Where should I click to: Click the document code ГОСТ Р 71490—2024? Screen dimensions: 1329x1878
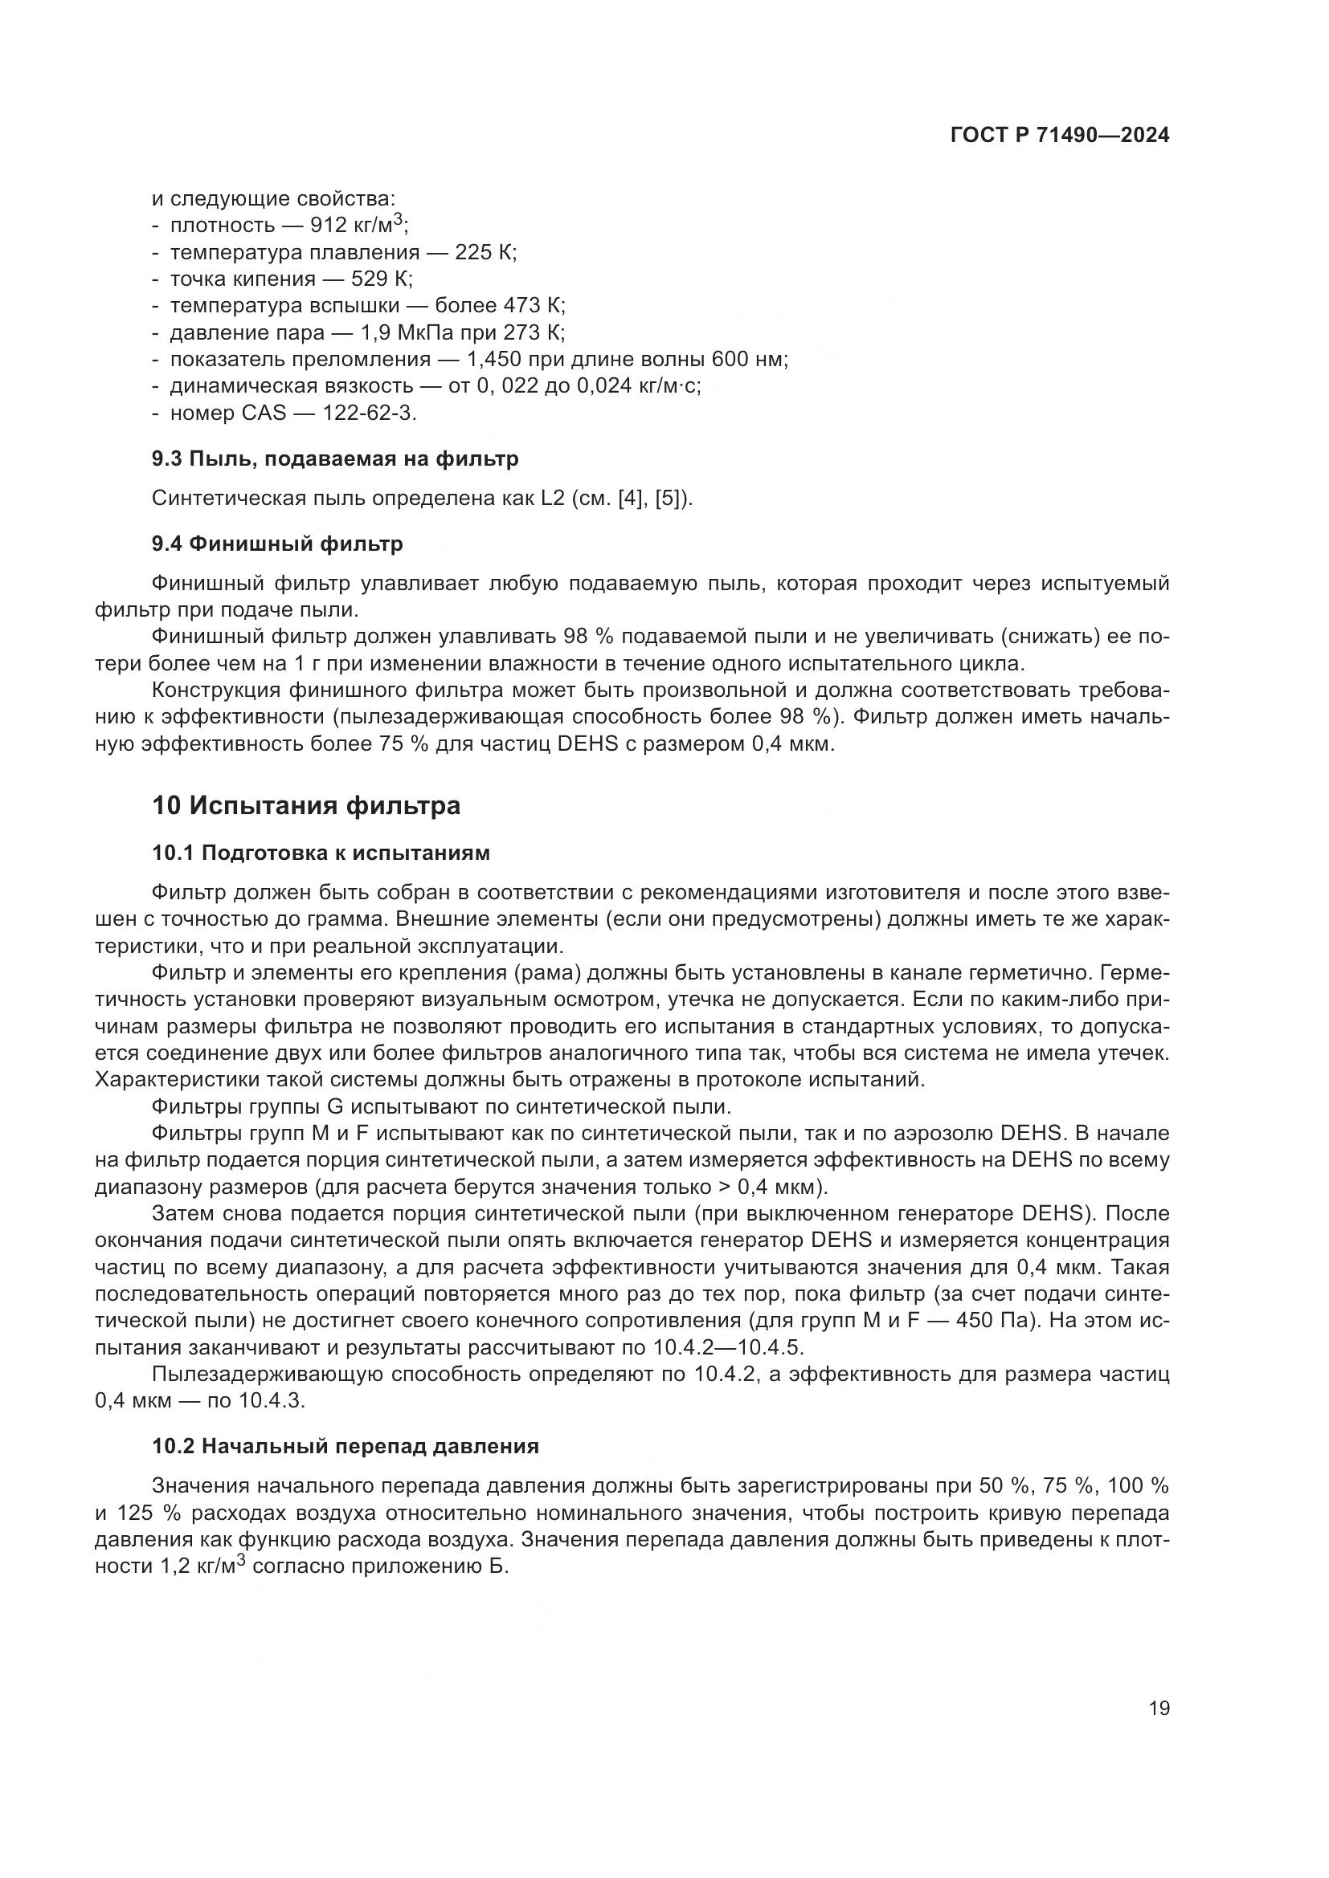(1060, 136)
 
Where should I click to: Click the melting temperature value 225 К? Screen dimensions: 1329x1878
(485, 252)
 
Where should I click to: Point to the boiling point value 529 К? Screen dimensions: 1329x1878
(382, 279)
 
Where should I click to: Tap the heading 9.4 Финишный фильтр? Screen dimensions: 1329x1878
(277, 543)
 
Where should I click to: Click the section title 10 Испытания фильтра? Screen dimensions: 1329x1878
(306, 805)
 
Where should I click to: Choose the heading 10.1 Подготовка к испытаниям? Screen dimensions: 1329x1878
(321, 853)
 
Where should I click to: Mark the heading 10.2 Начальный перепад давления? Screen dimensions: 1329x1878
(346, 1446)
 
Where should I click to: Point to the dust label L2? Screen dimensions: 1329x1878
(553, 498)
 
